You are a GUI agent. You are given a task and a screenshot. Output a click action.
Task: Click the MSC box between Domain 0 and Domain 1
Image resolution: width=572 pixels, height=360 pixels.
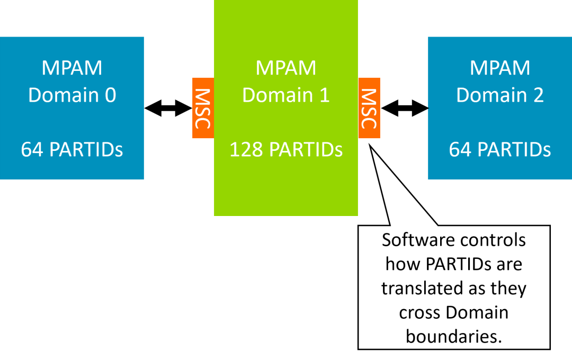point(203,108)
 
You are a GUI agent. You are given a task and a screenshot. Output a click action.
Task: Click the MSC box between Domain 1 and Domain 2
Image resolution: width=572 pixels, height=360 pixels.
point(369,108)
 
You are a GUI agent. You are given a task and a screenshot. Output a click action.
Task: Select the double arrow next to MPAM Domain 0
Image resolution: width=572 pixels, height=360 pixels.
point(168,108)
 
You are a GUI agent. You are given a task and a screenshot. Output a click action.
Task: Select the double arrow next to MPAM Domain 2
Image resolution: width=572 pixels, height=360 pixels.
point(404,108)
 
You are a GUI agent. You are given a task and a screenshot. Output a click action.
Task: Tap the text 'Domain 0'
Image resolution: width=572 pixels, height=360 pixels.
point(72,95)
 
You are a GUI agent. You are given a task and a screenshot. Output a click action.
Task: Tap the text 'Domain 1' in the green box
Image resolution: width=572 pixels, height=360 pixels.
point(286,95)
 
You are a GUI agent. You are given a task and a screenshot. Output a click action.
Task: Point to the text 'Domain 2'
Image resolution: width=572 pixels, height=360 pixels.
point(500,95)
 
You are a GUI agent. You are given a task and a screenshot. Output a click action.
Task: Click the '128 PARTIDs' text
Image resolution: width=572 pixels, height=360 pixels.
point(286,150)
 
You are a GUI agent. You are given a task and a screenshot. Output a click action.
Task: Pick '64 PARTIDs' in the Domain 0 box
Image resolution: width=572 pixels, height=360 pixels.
point(72,150)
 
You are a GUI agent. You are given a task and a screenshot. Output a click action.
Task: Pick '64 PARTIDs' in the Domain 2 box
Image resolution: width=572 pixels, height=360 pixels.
point(500,150)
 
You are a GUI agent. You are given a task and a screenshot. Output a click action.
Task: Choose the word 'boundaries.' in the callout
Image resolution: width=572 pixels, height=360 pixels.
point(454,337)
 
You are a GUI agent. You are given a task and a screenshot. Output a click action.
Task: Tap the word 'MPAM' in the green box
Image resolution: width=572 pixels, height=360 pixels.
point(286,68)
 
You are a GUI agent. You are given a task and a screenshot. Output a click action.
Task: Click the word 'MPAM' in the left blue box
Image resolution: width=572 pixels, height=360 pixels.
point(72,68)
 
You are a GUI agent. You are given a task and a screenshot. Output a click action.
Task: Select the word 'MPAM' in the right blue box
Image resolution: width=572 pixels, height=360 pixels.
point(500,68)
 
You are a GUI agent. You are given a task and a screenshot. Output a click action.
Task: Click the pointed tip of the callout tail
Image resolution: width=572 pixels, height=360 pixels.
point(370,145)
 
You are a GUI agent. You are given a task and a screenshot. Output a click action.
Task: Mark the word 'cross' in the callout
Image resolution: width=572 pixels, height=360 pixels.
point(418,313)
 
